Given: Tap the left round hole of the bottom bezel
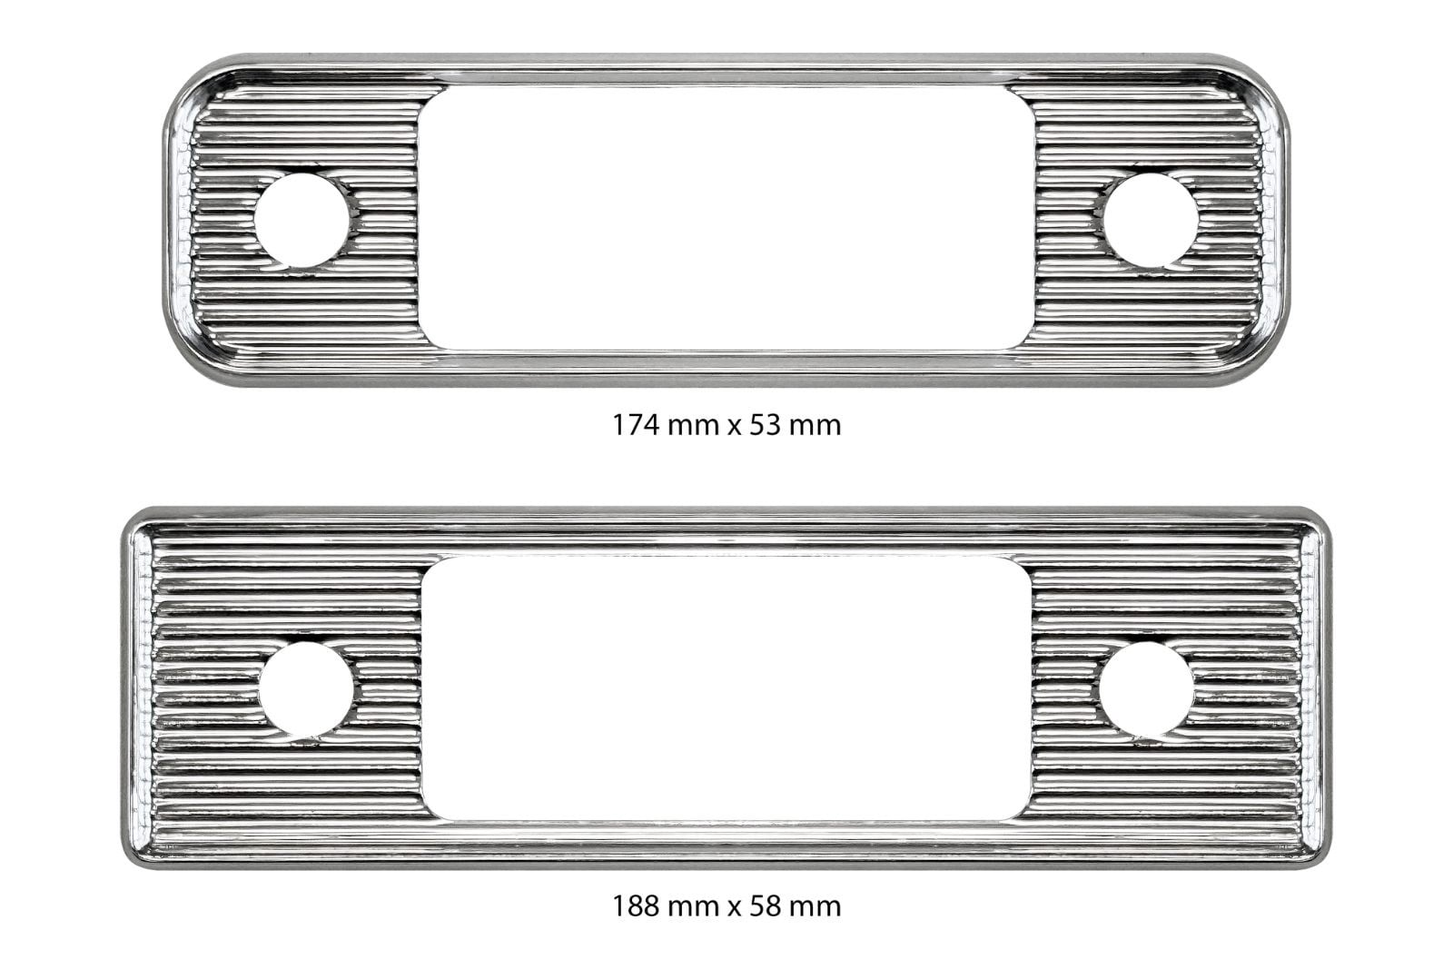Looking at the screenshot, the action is pos(306,689).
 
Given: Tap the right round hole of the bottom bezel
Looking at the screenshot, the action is pos(1146,689).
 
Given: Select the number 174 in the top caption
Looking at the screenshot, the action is pos(636,426).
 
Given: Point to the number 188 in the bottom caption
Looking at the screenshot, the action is pos(637,906).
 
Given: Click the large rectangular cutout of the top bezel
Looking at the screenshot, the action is pos(726,218).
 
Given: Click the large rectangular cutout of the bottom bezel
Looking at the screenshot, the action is pos(726,688).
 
